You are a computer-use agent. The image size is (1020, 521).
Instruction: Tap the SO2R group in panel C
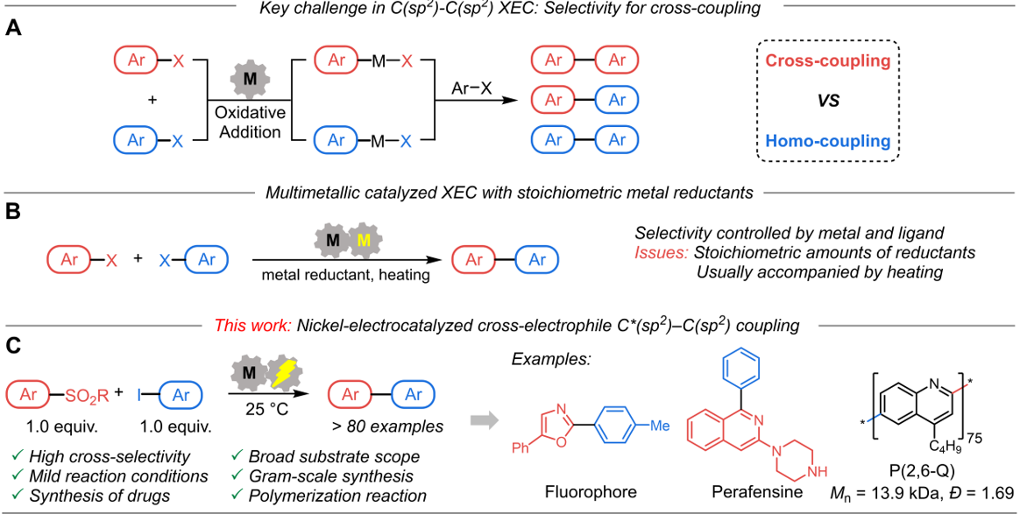(x=93, y=400)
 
